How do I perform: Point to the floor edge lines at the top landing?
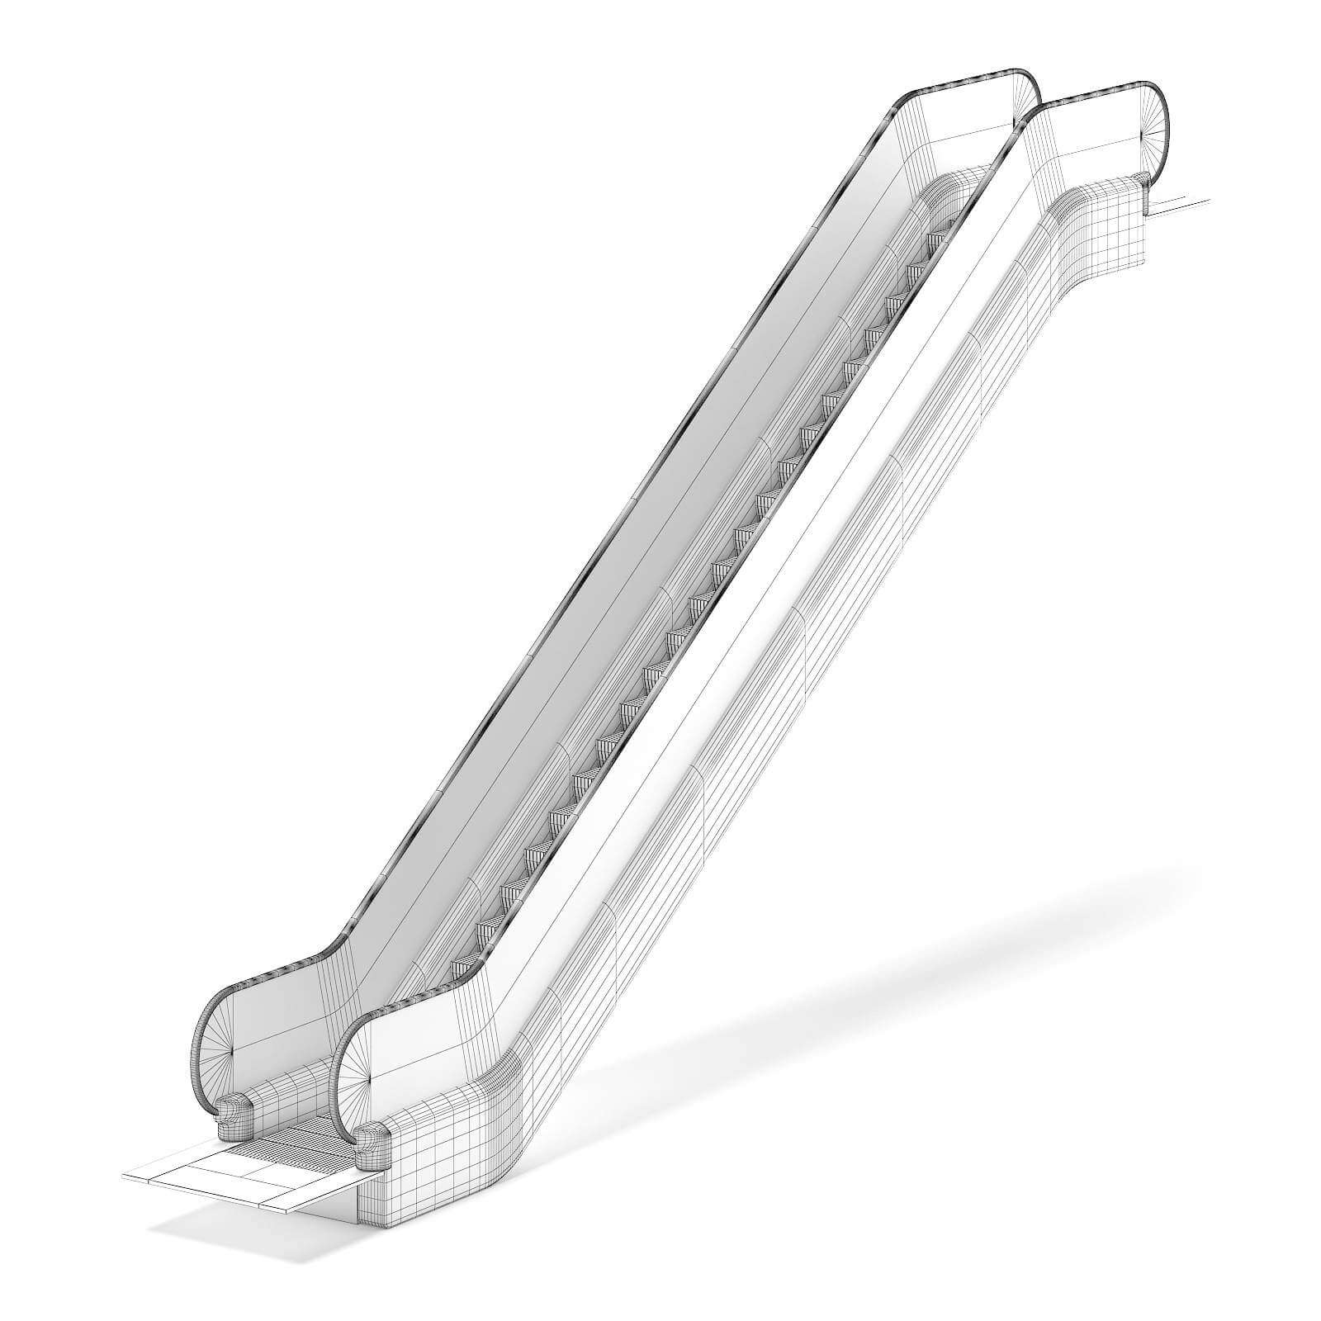pyautogui.click(x=1181, y=206)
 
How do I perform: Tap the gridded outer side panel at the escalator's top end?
pyautogui.click(x=1106, y=231)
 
